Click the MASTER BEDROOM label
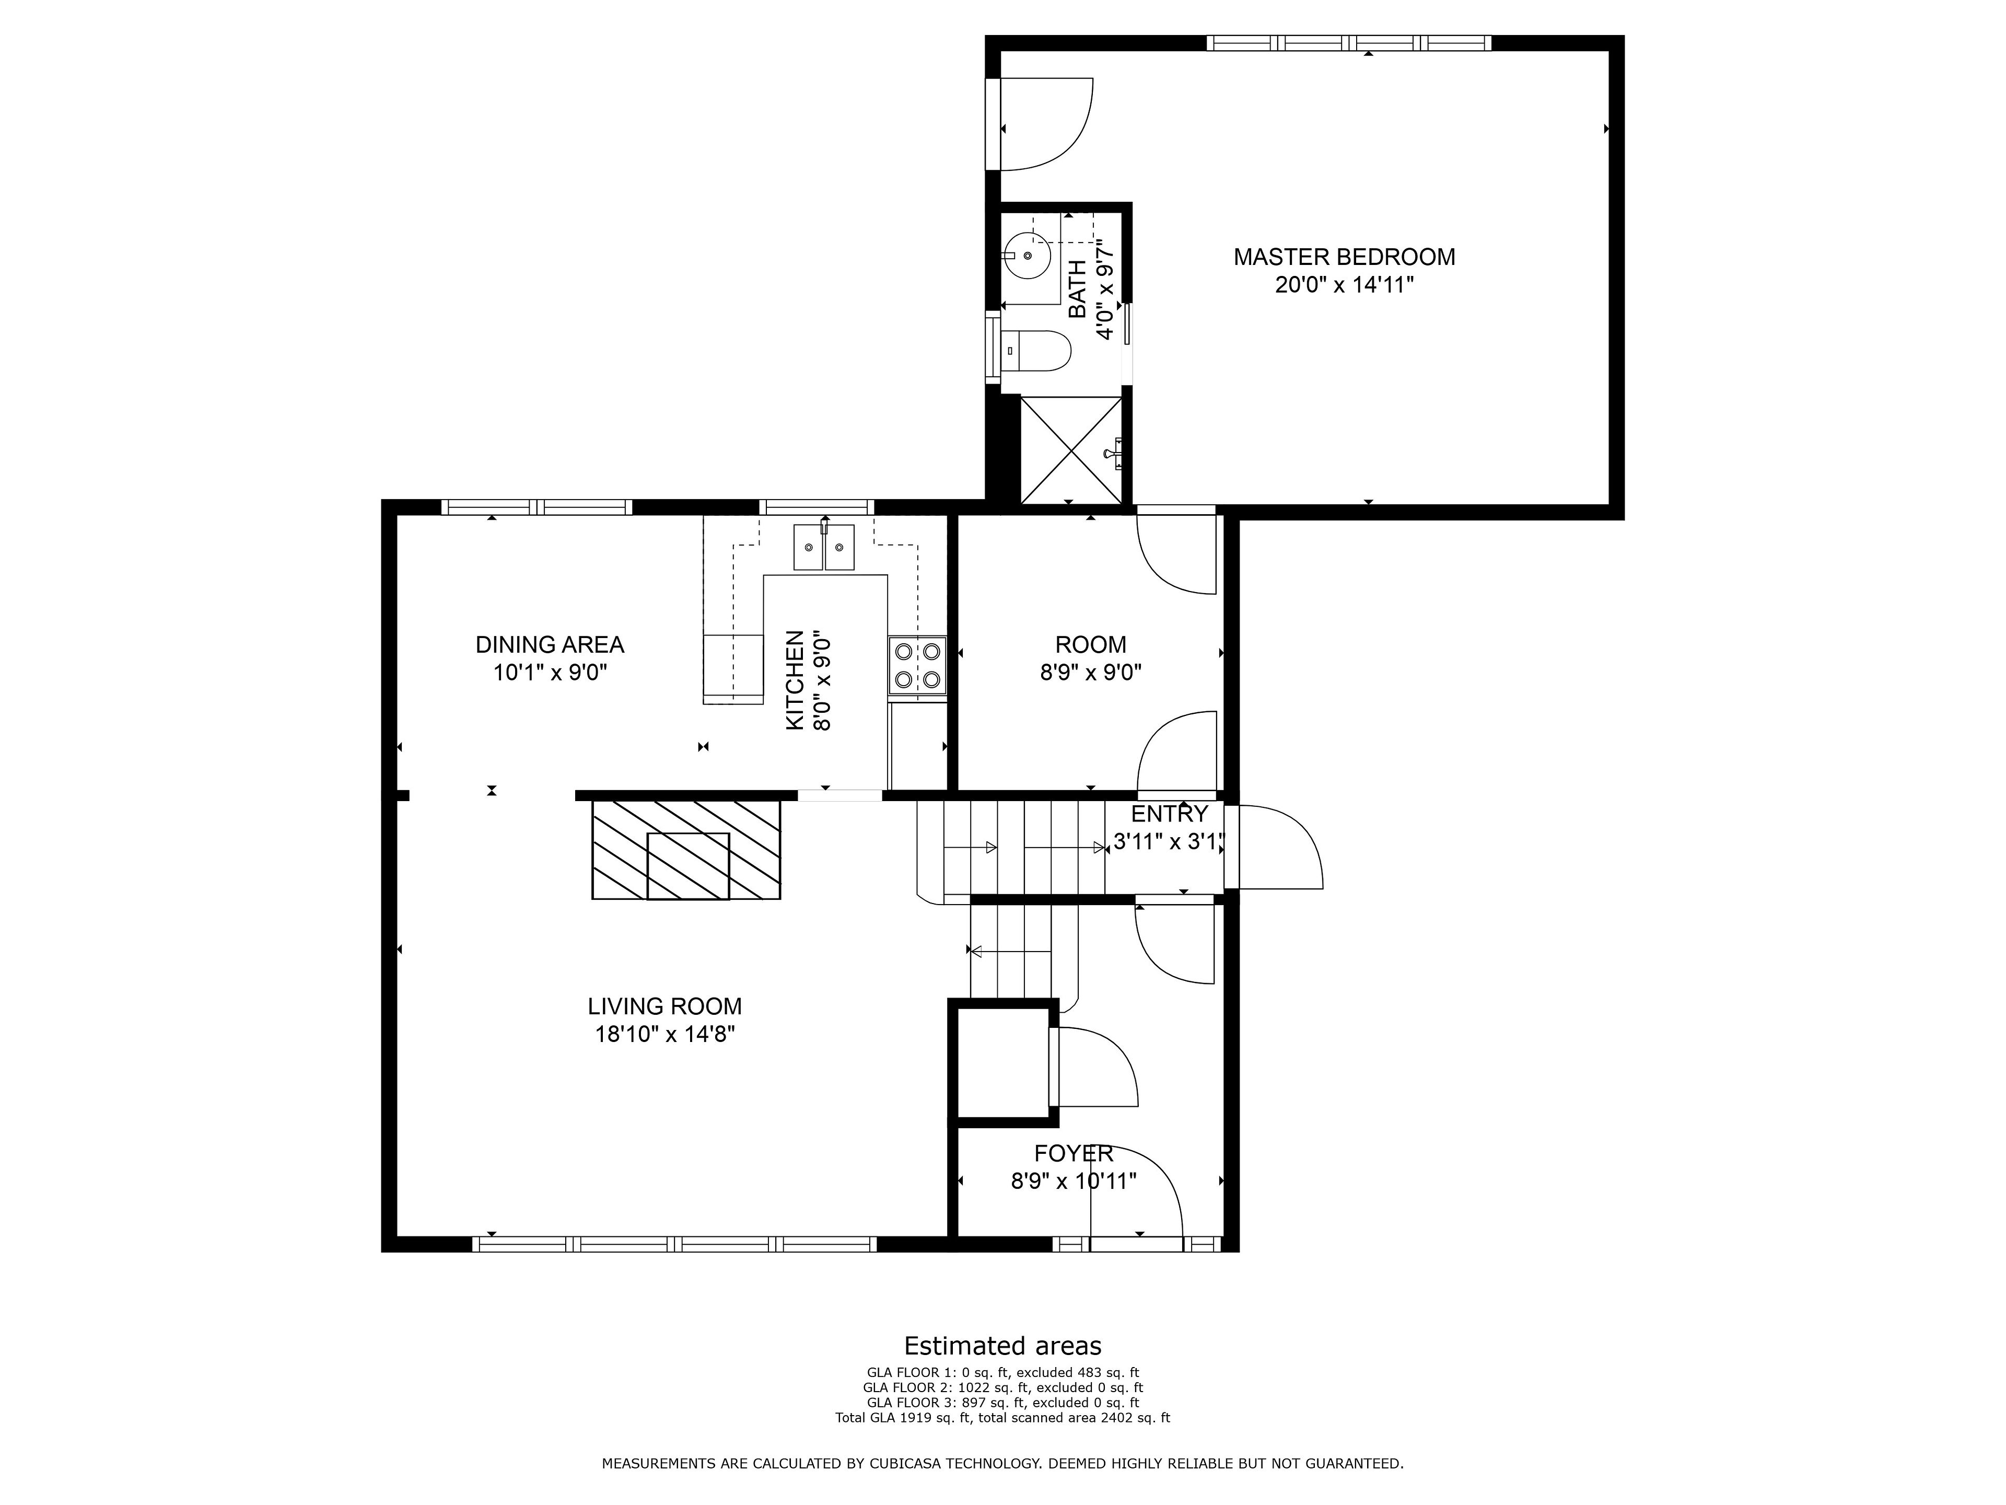click(1344, 257)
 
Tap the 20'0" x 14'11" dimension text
click(1344, 285)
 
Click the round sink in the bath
click(1028, 255)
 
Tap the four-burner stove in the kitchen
click(917, 665)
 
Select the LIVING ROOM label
click(664, 1006)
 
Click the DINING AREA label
click(550, 645)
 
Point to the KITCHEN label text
click(795, 680)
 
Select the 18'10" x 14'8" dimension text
click(664, 1034)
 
